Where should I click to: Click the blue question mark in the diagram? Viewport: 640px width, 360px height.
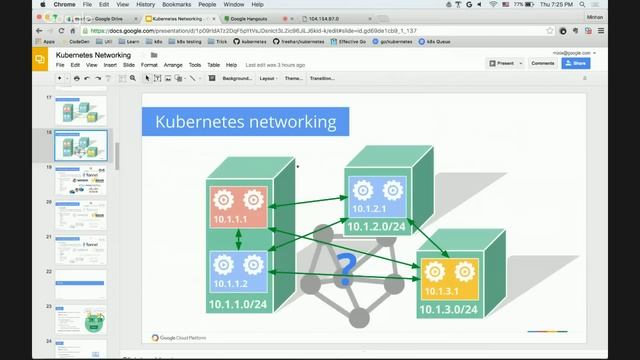pos(346,267)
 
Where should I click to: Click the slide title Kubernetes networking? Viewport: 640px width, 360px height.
pos(245,122)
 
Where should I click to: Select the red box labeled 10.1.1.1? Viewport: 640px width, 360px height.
pos(238,211)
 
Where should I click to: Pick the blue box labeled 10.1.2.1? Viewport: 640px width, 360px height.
pos(375,198)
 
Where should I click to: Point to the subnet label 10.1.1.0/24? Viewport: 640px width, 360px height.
pos(238,304)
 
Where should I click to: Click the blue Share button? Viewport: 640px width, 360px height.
pos(575,63)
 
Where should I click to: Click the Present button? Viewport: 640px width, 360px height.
pos(503,63)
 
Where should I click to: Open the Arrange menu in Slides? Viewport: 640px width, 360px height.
pos(173,65)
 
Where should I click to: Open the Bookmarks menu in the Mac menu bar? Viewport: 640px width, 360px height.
pos(176,5)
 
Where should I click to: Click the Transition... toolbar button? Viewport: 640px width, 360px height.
pos(322,78)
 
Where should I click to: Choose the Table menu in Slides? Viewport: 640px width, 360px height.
pos(215,65)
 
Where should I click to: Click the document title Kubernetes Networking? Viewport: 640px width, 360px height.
pos(93,55)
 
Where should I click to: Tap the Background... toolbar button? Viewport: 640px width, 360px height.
pos(237,78)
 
